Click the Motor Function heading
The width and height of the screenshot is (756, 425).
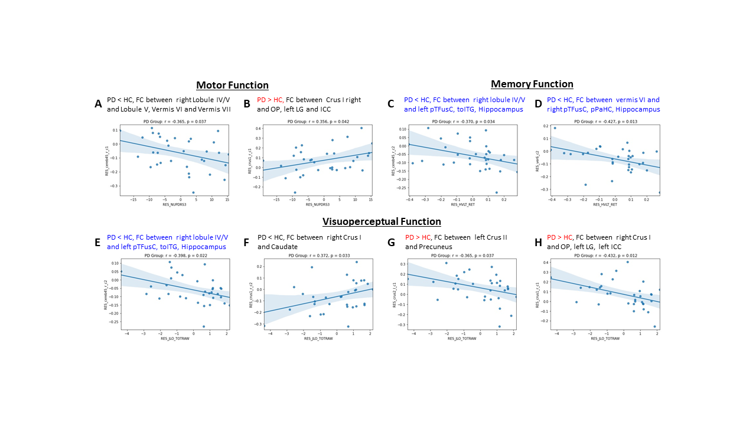[232, 86]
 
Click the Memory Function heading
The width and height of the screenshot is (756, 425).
[532, 84]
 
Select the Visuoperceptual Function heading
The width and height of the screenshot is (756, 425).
[382, 221]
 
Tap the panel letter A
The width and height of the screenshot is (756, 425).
[98, 104]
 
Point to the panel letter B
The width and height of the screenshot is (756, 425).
[247, 104]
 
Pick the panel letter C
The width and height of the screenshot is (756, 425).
[390, 104]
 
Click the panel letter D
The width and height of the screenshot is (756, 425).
[537, 104]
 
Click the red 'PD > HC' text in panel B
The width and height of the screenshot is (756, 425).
[271, 100]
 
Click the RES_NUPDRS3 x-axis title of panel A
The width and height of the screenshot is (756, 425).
[174, 204]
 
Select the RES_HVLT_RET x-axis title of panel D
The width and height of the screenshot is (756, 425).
[605, 204]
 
